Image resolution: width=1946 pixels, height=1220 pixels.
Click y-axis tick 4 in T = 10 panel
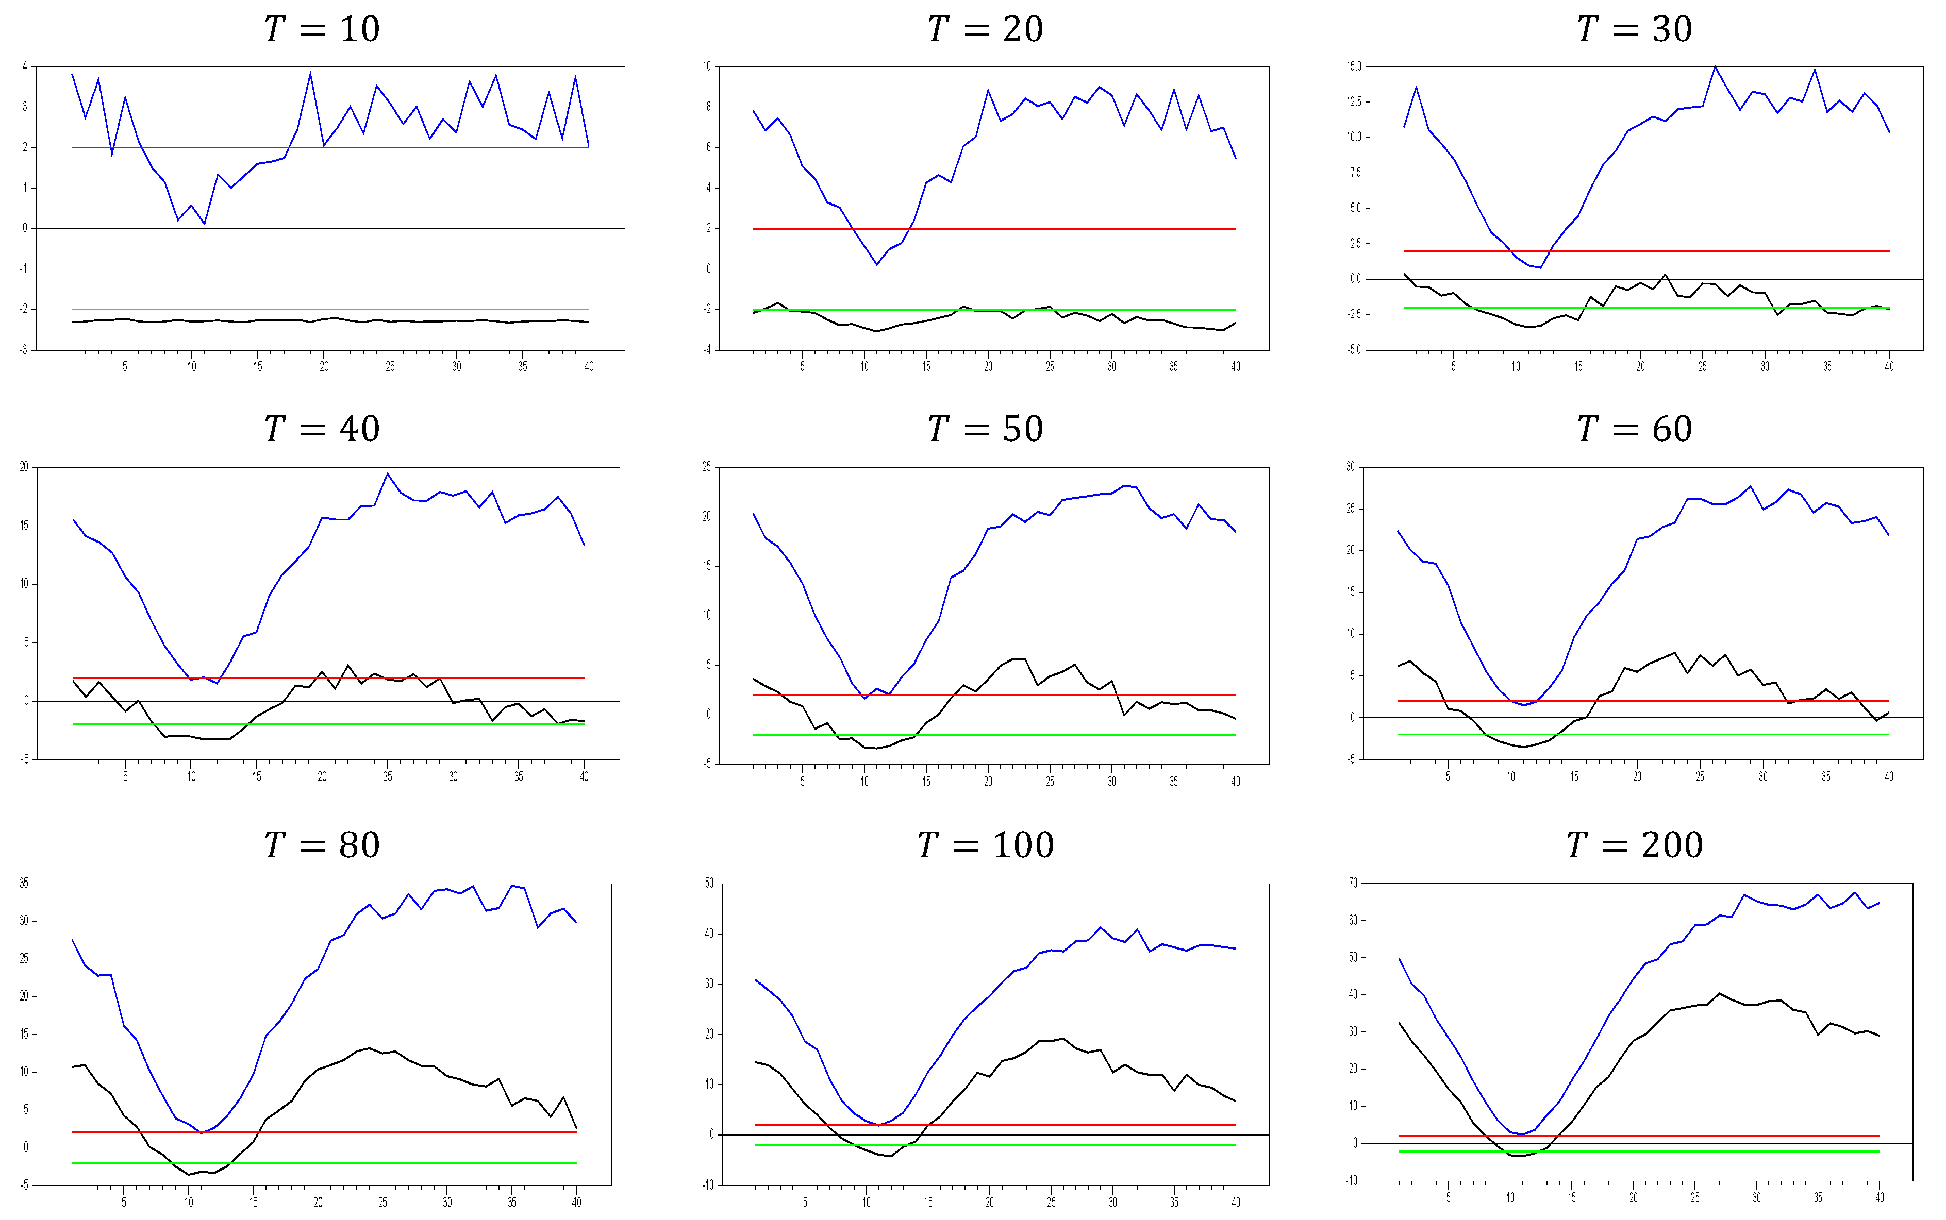(25, 66)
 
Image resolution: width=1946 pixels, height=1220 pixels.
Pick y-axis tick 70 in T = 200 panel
(1353, 883)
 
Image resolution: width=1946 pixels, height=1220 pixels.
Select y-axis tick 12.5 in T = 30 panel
(1354, 101)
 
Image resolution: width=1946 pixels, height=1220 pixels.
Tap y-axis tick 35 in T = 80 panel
(24, 884)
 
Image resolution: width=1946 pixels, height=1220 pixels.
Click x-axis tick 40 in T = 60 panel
(1889, 776)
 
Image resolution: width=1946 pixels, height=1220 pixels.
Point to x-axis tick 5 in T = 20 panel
(802, 366)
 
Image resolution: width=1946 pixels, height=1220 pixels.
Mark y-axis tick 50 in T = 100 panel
(709, 883)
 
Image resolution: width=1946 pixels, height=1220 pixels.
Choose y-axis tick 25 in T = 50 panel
(707, 467)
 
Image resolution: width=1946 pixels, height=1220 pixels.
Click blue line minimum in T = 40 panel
(217, 684)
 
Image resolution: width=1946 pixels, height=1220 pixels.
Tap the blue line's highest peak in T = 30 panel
(1715, 67)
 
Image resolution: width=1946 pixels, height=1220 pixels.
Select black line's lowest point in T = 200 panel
(1521, 1156)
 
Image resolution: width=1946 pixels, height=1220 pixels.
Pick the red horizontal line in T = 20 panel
(993, 228)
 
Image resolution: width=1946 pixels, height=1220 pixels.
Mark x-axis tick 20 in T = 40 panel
(322, 776)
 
